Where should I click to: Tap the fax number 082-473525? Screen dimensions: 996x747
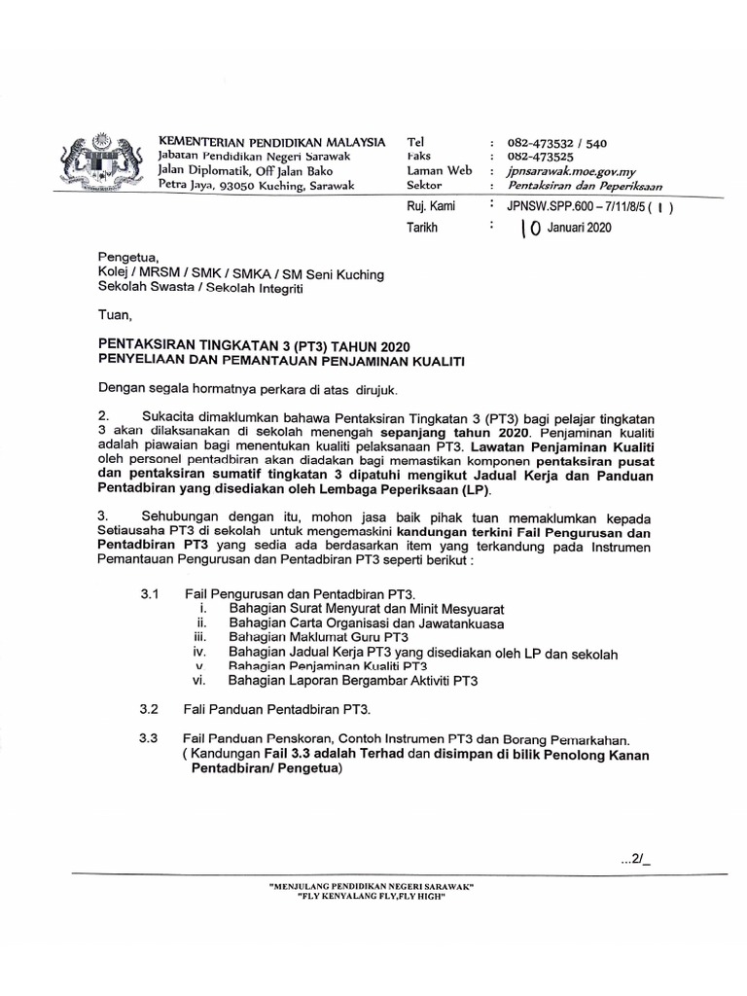[540, 157]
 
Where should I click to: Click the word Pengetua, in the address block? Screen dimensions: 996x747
[127, 260]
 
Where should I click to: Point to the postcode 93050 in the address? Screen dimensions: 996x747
[243, 185]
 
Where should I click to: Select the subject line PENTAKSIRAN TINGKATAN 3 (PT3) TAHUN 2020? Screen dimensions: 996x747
[255, 345]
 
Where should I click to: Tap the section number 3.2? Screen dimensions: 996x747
[149, 710]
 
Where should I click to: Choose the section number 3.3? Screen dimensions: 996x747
[149, 740]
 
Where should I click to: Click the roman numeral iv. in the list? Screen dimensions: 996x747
[199, 653]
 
